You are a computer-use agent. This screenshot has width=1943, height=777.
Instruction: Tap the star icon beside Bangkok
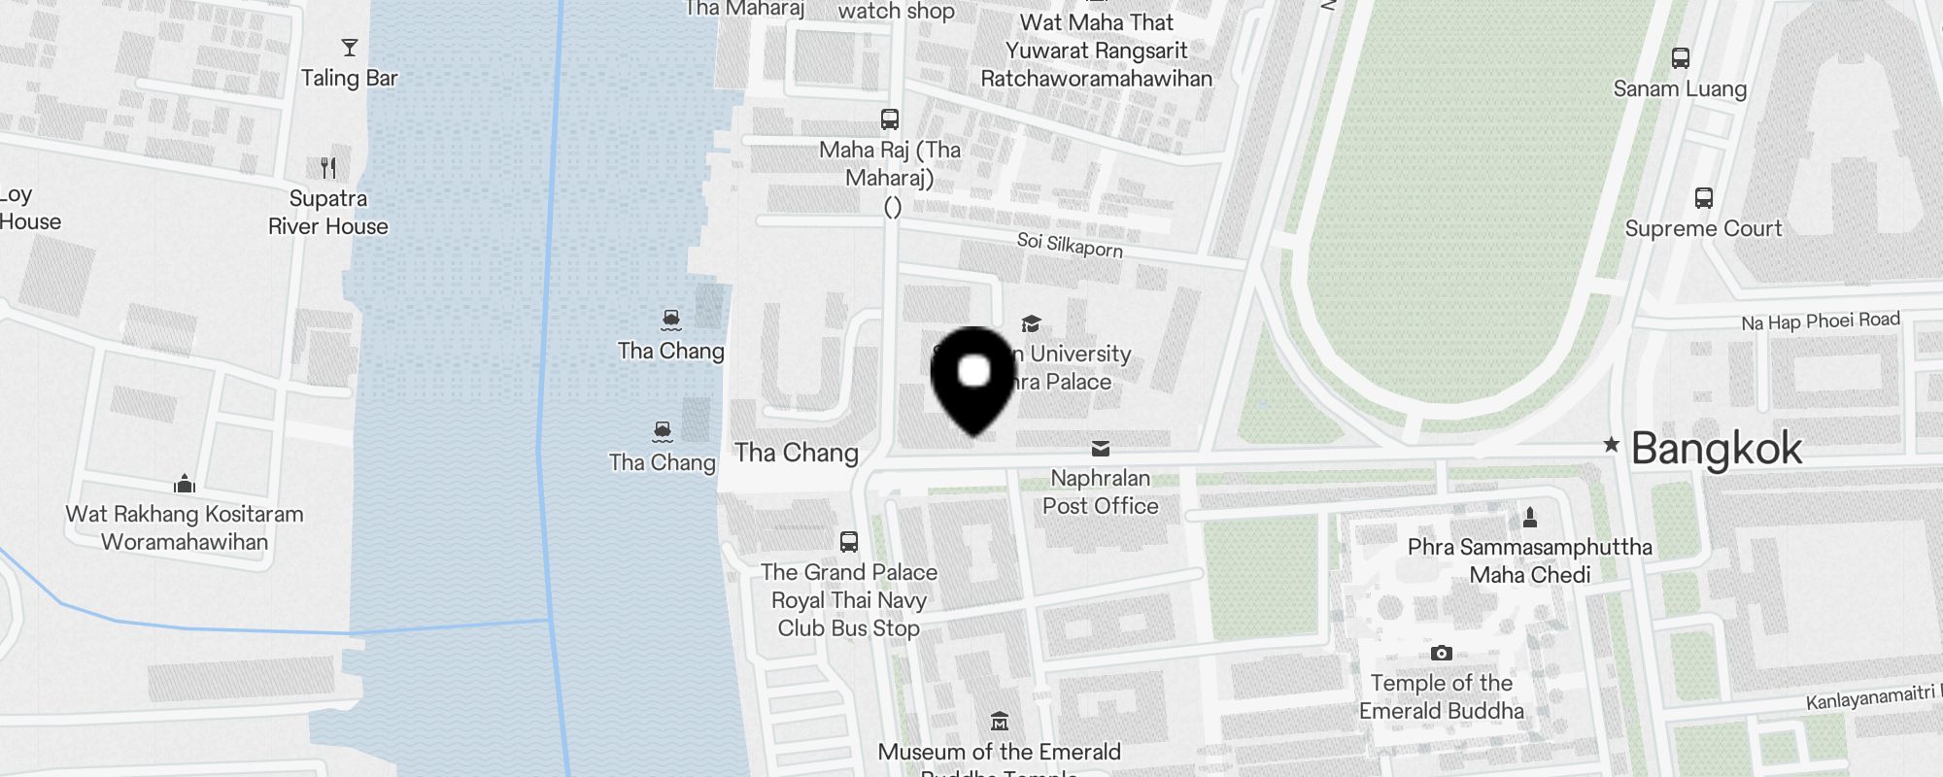click(x=1611, y=445)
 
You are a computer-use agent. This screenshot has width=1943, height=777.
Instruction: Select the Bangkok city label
click(x=1716, y=449)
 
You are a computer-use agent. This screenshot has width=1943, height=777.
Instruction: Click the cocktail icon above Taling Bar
click(x=350, y=48)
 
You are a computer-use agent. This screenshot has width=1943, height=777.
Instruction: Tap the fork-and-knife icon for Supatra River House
click(x=328, y=168)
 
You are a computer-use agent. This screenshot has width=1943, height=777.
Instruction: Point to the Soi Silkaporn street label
click(x=1070, y=245)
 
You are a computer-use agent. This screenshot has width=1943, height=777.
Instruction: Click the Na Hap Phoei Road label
click(x=1820, y=321)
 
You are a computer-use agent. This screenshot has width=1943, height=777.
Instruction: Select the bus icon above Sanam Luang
click(x=1680, y=58)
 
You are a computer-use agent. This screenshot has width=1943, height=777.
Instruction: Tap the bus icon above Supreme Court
click(x=1703, y=198)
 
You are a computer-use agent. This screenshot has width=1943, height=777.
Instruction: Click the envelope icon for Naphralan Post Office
click(x=1100, y=449)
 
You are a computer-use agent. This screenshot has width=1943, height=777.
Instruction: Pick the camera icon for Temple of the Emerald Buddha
click(x=1442, y=653)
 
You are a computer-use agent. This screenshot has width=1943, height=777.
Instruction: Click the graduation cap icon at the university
click(x=1031, y=324)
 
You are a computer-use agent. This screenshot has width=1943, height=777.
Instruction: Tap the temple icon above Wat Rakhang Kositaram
click(x=185, y=484)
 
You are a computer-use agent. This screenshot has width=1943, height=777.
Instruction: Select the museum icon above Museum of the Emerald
click(x=999, y=722)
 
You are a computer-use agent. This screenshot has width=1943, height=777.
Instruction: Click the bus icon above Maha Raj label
click(x=889, y=119)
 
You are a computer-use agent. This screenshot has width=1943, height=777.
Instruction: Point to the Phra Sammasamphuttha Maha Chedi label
click(x=1529, y=560)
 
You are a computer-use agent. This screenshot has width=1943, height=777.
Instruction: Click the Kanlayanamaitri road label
click(x=1870, y=697)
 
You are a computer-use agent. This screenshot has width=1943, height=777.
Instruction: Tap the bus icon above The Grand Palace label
click(x=848, y=542)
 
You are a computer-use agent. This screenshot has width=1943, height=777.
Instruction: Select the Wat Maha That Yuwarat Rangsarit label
click(x=1096, y=51)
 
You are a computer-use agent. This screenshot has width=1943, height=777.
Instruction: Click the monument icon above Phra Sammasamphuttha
click(x=1529, y=517)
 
